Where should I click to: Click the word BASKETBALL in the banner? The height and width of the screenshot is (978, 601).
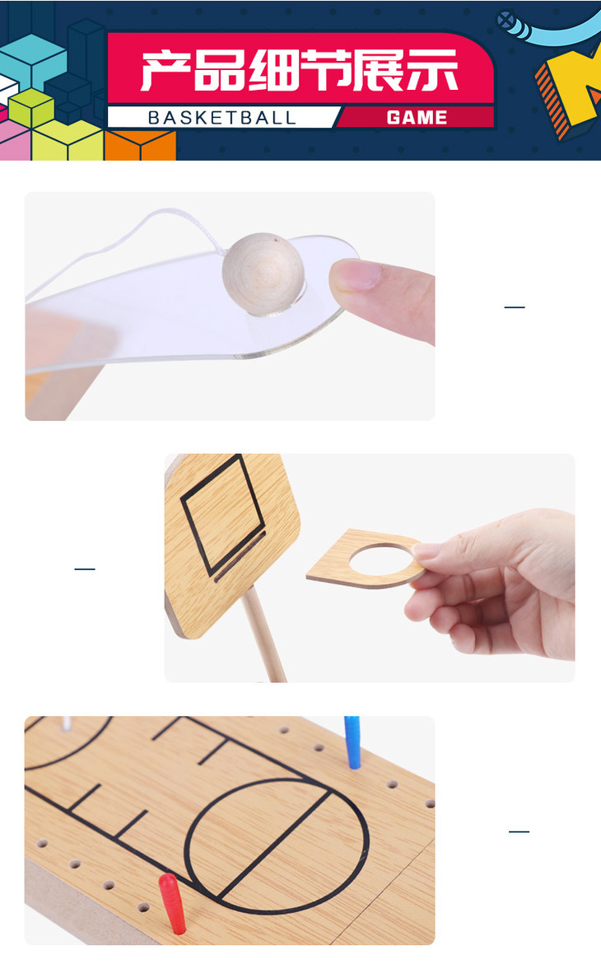point(221,117)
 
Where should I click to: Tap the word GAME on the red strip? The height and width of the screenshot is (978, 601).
point(417,117)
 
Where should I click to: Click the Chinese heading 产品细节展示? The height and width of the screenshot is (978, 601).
point(300,71)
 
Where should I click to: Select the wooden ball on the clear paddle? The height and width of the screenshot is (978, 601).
point(263,274)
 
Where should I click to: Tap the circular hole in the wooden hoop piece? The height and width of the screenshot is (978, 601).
point(381,559)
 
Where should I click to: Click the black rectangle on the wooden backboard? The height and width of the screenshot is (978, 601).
point(222,515)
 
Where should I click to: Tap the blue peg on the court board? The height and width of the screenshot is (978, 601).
point(353,742)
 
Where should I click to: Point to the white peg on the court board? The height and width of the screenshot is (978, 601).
point(66,723)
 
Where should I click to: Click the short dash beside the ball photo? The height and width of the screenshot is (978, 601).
point(515,307)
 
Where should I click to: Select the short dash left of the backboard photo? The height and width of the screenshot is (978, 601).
point(85,569)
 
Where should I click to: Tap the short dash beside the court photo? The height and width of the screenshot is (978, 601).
point(519,831)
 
